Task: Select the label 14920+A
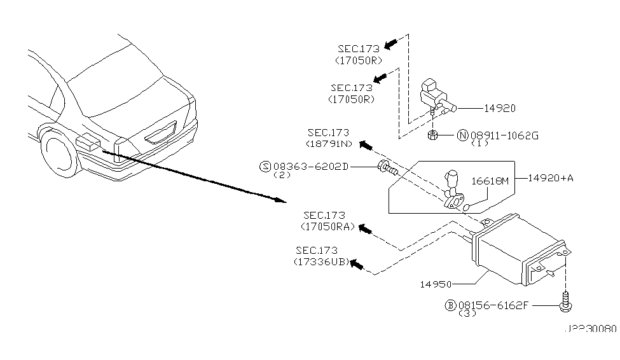click(x=550, y=178)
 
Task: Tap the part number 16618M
click(x=490, y=181)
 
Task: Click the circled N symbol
click(x=463, y=135)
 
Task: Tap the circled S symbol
click(x=265, y=167)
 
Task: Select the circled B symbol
click(x=451, y=305)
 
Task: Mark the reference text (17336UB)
click(x=321, y=262)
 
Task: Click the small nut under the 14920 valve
click(x=432, y=134)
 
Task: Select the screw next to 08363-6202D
click(x=386, y=169)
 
